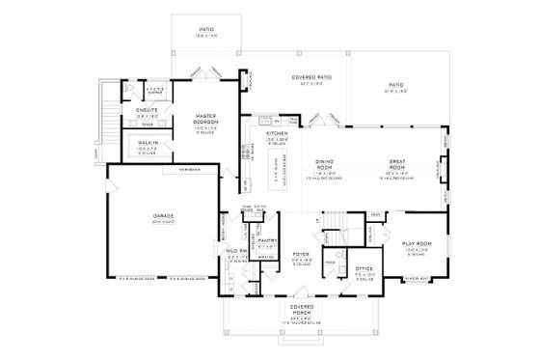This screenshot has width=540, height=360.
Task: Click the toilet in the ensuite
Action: (x=125, y=88)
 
